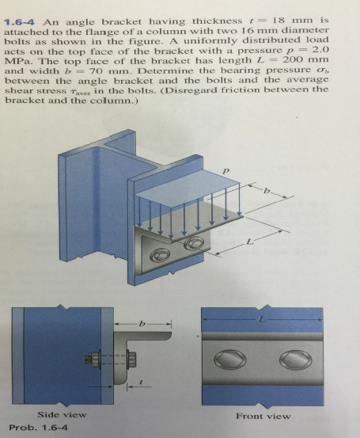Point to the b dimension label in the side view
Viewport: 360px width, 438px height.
pos(142,325)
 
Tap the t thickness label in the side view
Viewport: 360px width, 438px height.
pos(141,381)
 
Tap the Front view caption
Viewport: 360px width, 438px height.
pos(263,415)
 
